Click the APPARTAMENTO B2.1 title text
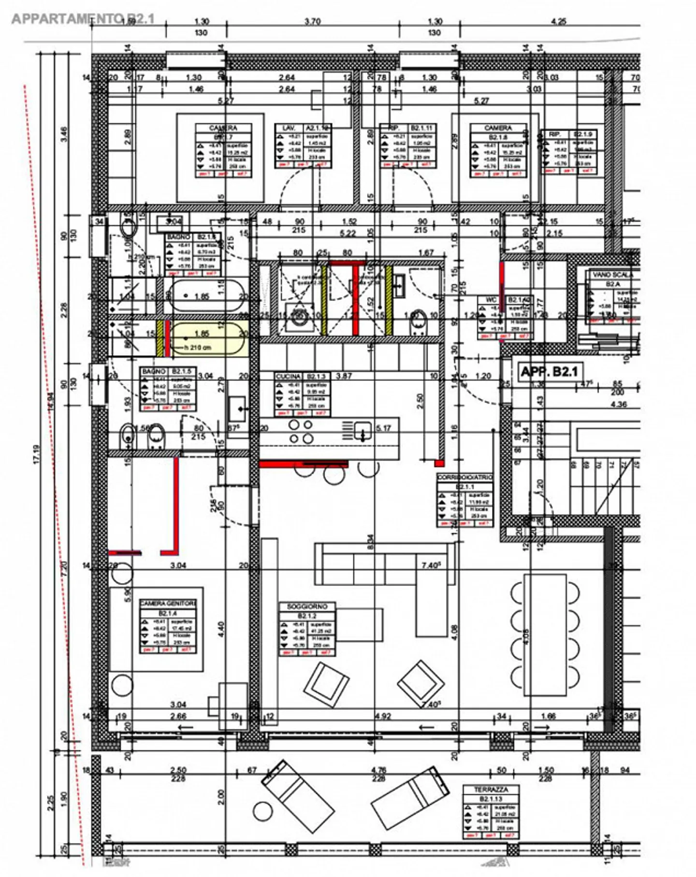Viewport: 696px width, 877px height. [82, 19]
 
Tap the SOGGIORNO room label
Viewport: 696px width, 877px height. [307, 606]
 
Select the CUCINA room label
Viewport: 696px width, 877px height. [288, 376]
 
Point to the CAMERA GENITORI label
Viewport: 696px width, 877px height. [168, 603]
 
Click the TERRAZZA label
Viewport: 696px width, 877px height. [491, 789]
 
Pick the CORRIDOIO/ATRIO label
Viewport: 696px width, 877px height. [464, 477]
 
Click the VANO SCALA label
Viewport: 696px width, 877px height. [612, 275]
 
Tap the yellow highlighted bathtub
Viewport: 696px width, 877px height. [209, 339]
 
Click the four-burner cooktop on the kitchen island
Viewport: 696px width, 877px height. [300, 432]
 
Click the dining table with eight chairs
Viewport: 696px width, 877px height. [545, 635]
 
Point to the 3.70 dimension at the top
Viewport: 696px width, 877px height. [313, 22]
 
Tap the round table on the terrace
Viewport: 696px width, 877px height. [263, 811]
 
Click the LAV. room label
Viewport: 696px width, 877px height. [289, 128]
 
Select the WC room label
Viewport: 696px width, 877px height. [491, 300]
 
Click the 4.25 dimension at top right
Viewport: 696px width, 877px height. [558, 22]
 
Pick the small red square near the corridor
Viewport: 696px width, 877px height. [439, 463]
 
